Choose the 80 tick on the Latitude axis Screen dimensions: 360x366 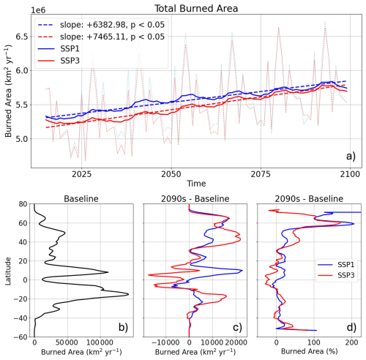(23, 204)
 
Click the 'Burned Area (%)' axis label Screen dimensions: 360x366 (304, 352)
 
